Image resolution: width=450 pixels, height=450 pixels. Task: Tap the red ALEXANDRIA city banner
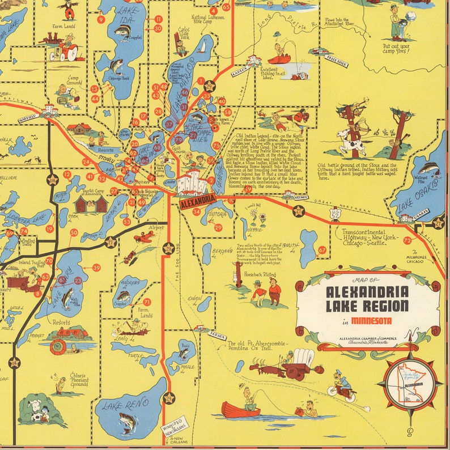[197, 199]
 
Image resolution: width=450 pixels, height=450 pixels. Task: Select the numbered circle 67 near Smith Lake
[322, 250]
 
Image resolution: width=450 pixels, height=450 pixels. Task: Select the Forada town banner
[218, 337]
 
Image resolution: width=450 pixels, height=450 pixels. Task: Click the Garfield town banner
[29, 116]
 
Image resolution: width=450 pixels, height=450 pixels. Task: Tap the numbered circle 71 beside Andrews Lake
[147, 302]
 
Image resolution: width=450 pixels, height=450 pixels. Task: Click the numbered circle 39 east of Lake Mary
[96, 268]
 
